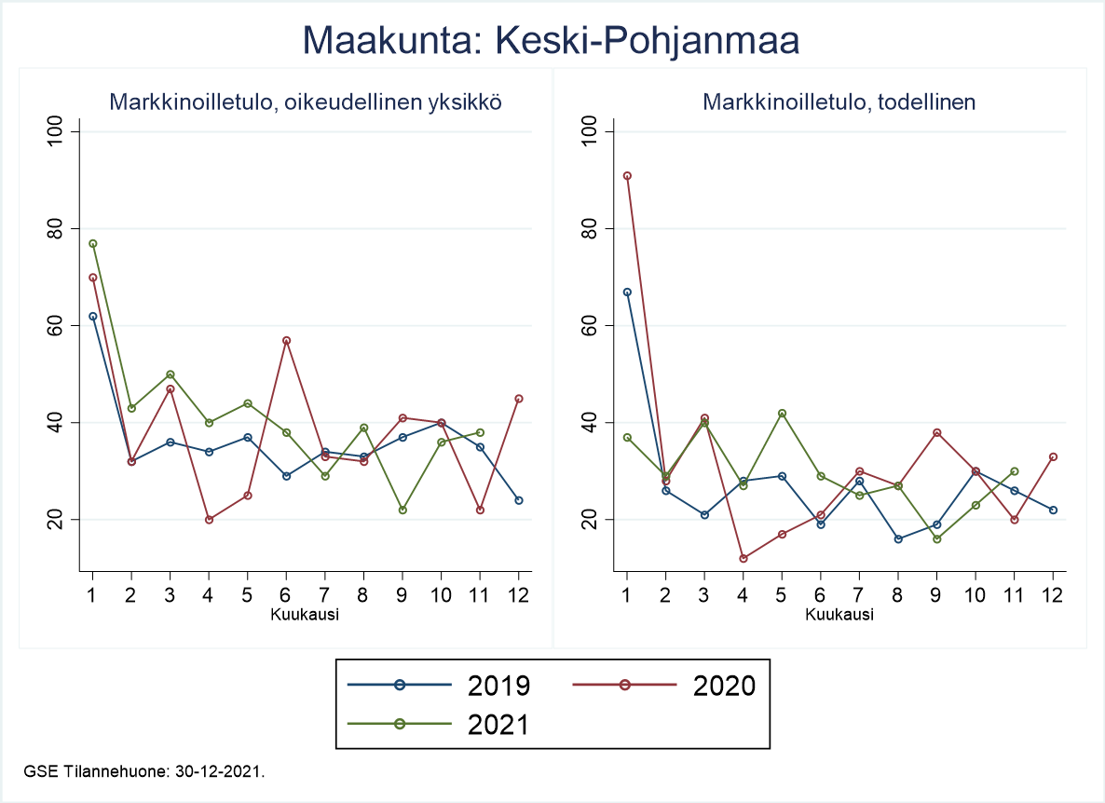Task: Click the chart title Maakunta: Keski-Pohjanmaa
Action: coord(552,42)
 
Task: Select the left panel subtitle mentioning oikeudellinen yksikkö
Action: coord(307,102)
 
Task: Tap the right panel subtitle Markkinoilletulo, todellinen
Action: coord(839,102)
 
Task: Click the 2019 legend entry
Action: coord(438,686)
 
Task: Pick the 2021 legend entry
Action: coord(438,724)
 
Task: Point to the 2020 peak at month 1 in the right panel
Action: coord(627,175)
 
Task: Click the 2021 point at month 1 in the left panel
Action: coord(92,243)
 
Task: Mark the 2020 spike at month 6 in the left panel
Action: coord(286,340)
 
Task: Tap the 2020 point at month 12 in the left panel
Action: coord(519,399)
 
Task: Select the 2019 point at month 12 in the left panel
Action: coord(519,500)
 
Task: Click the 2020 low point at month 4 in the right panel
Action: coord(743,558)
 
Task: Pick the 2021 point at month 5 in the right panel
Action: coord(782,413)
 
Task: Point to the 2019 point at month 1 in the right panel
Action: coord(627,292)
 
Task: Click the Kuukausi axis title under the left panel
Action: coord(305,615)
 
